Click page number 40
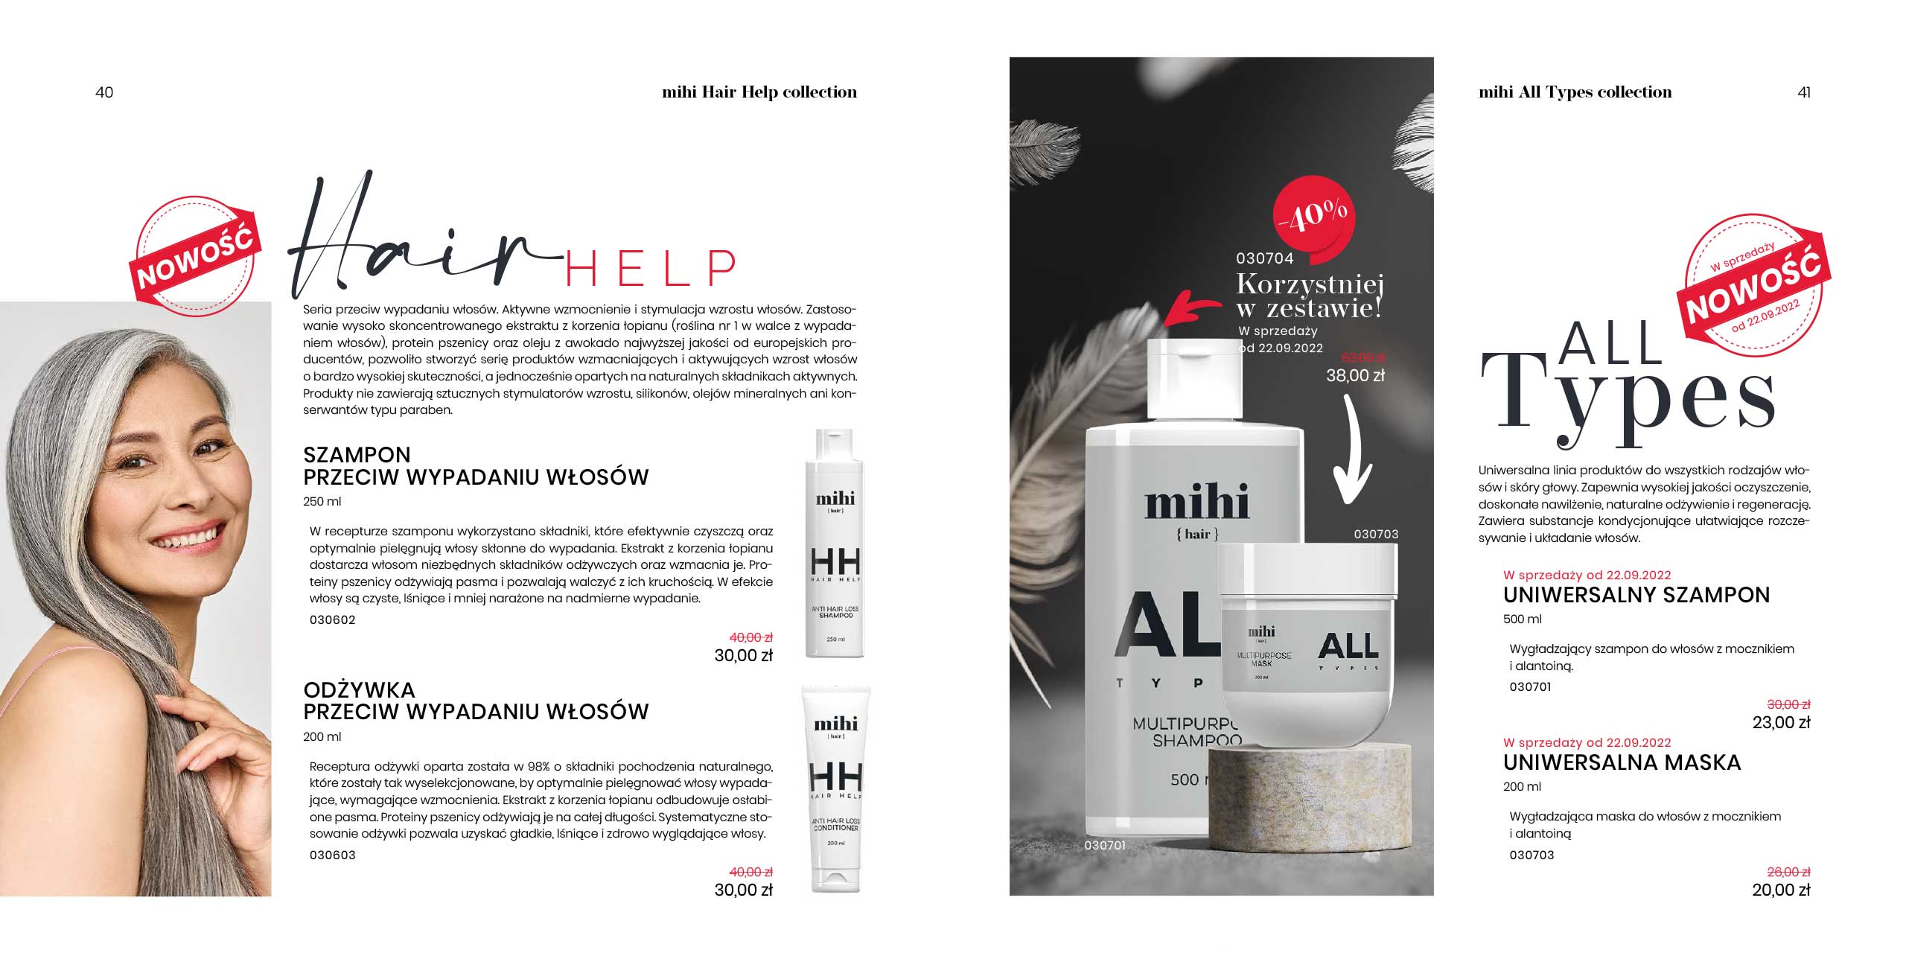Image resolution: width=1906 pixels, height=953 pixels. click(104, 92)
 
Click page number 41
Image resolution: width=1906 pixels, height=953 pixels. click(1804, 92)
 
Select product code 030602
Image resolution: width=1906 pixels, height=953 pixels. click(332, 620)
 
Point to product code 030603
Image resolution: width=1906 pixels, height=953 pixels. click(332, 855)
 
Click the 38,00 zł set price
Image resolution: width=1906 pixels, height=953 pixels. click(1355, 376)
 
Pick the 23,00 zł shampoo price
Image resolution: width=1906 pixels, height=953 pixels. click(1781, 722)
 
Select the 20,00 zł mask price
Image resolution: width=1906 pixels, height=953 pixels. click(1781, 890)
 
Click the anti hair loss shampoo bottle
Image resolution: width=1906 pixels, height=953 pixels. click(835, 544)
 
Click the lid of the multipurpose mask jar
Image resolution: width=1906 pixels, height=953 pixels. click(1307, 569)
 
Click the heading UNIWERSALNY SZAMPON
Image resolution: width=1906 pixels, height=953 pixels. click(1636, 596)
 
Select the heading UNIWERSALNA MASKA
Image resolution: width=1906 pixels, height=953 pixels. click(1622, 763)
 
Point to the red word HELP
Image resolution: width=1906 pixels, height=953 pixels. click(651, 268)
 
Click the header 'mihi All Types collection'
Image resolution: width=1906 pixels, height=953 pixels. click(1575, 92)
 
